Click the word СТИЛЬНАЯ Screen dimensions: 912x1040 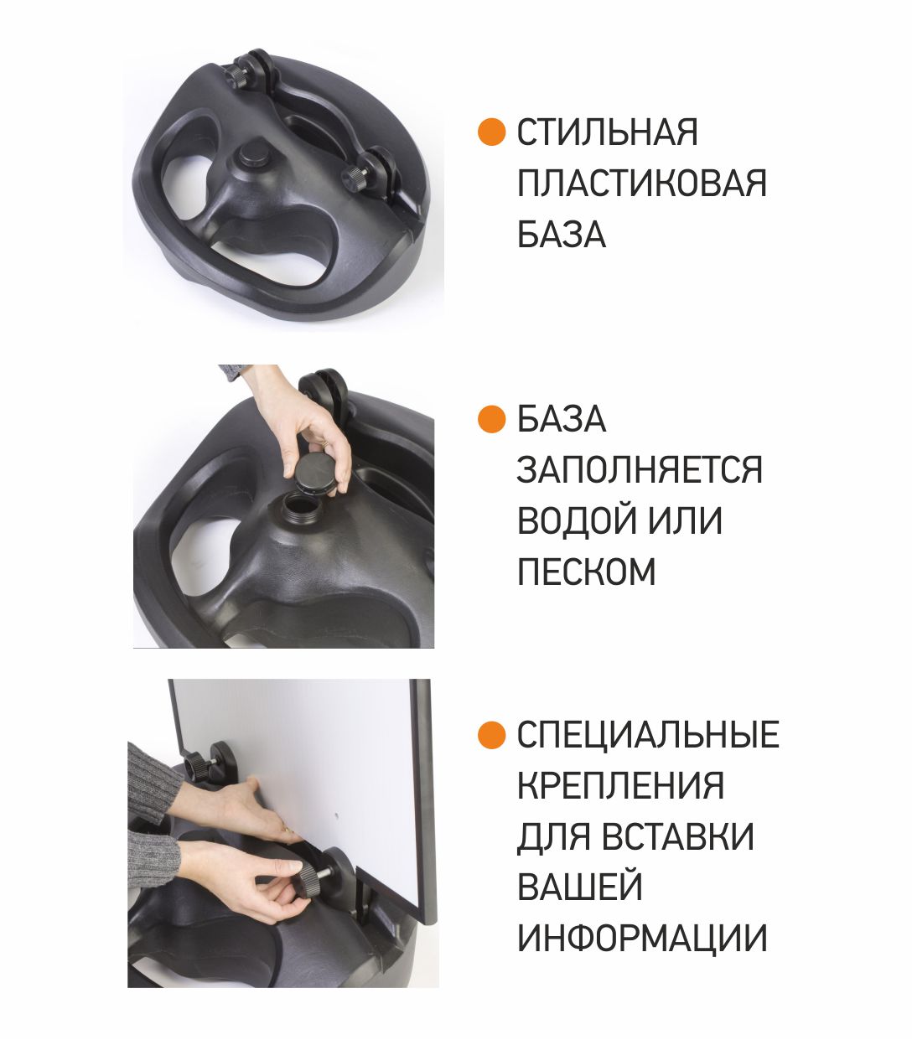(607, 132)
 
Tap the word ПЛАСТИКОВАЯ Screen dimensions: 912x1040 (641, 183)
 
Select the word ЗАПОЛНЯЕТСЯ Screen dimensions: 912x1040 (640, 469)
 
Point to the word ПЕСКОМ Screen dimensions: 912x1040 (586, 571)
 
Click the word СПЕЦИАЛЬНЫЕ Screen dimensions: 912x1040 (648, 734)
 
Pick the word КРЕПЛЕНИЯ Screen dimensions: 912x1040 (620, 785)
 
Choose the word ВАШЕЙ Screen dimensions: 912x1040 (580, 887)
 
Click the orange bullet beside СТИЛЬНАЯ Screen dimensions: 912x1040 (491, 132)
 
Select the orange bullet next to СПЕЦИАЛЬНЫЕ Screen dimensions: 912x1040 (491, 735)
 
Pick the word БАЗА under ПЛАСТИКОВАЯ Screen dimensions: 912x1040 (562, 234)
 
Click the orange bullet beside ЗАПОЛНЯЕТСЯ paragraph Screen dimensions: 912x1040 (491, 419)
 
